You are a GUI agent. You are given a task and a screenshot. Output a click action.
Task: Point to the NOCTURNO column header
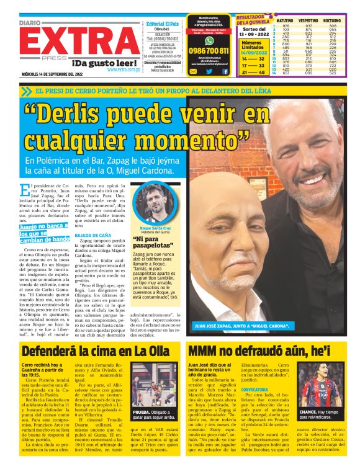click(333, 20)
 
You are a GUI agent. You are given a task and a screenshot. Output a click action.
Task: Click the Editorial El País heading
click(162, 24)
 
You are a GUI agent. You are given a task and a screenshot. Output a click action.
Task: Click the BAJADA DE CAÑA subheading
click(92, 236)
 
